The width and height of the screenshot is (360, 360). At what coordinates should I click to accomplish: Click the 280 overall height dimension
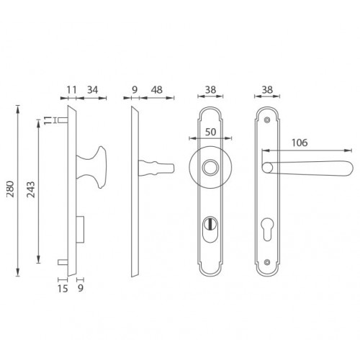click(x=10, y=189)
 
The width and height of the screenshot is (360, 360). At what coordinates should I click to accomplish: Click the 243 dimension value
click(x=31, y=189)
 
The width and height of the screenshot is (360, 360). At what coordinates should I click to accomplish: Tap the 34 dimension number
click(x=93, y=90)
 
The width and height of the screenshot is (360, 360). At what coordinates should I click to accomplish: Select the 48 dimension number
click(x=157, y=90)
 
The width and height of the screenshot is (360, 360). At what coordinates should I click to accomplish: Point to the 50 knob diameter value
click(x=210, y=132)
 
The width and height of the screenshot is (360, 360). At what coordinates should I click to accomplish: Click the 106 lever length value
click(x=300, y=143)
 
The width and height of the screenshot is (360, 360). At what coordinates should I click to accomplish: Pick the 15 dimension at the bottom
click(x=63, y=289)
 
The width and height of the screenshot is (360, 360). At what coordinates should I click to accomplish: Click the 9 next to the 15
click(x=81, y=288)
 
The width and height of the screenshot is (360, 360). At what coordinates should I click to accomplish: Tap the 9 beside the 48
click(x=135, y=90)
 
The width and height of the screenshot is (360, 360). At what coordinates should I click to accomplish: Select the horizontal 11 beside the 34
click(x=71, y=90)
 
